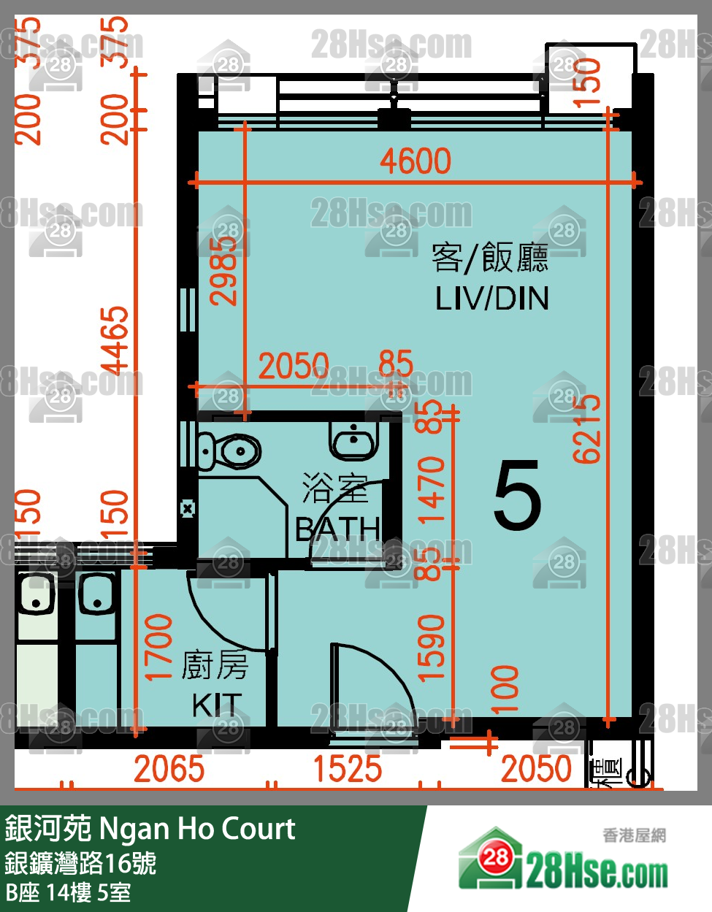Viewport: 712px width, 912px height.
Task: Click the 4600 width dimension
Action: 416,161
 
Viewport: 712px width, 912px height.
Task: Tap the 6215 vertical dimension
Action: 587,429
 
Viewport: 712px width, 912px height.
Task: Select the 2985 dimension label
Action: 223,271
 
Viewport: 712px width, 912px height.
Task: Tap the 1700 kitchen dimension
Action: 159,648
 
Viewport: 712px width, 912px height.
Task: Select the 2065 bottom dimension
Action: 169,770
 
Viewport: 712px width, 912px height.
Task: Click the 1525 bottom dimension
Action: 347,770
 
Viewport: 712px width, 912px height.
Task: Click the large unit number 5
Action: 517,497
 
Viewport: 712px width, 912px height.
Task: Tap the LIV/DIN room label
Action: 491,299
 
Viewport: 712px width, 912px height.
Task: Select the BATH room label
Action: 337,529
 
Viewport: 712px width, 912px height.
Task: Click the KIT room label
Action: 217,705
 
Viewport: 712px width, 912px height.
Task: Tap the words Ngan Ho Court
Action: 197,829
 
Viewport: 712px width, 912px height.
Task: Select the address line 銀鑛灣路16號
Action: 80,863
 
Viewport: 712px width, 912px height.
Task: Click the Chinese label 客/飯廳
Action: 490,258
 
